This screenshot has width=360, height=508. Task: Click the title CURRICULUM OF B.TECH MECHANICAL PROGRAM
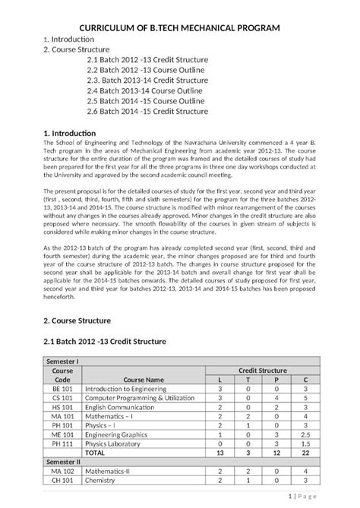point(180,27)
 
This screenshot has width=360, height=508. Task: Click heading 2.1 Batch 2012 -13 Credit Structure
point(106,342)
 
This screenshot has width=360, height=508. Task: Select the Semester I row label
point(63,362)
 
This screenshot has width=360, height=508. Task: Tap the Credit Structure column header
point(262,370)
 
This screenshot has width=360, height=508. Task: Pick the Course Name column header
point(144,379)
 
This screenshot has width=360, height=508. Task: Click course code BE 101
point(62,389)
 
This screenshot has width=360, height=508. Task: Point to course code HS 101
point(62,406)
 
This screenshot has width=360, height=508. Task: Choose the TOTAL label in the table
point(95,452)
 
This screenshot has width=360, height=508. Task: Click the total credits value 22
point(305,452)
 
